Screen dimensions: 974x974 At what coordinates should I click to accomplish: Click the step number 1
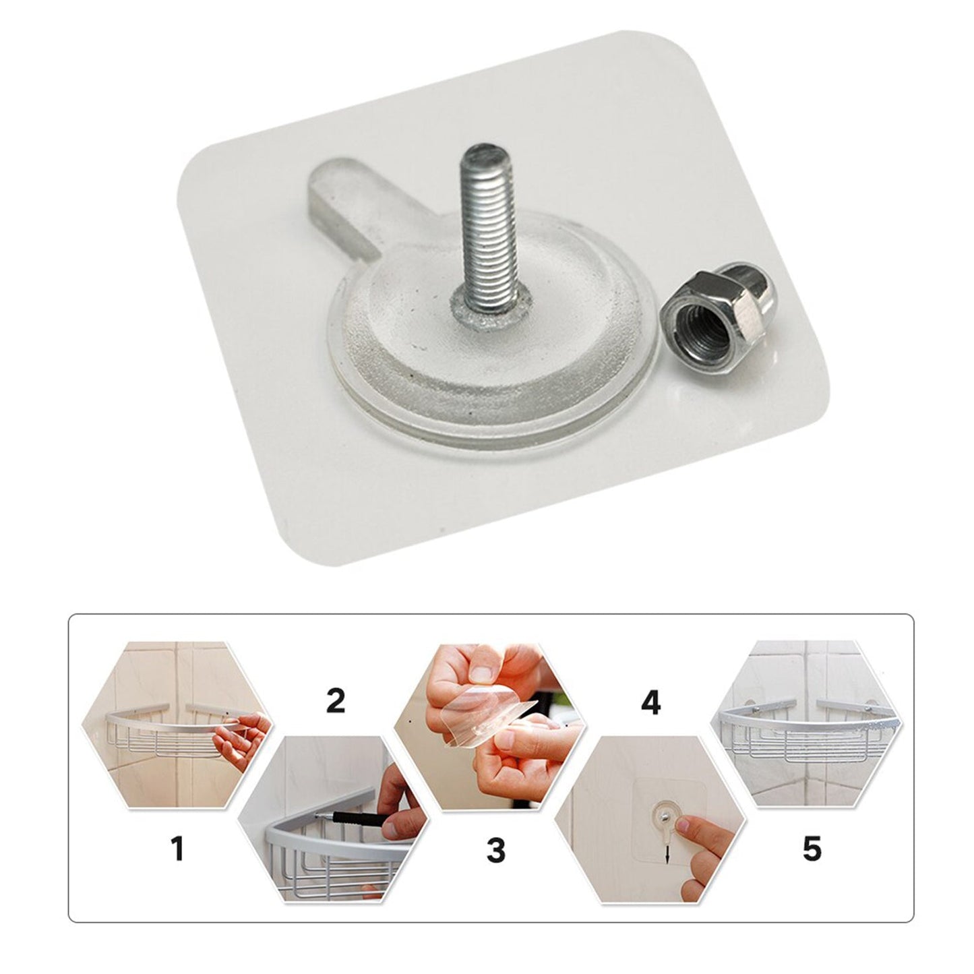click(177, 848)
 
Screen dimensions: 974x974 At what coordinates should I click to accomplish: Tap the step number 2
click(336, 701)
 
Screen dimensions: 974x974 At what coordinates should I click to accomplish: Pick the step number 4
click(650, 702)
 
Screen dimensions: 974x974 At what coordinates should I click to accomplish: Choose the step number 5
click(812, 849)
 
